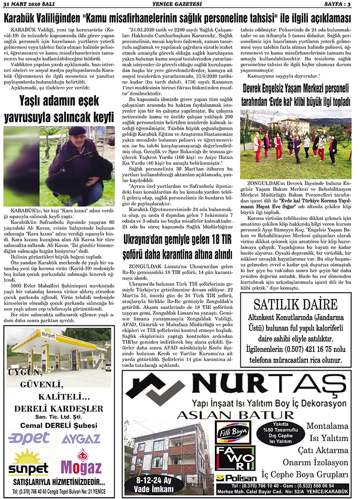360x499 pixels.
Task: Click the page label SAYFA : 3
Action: [x=337, y=4]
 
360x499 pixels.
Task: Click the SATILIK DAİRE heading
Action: [x=296, y=305]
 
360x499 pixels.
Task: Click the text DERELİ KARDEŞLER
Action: [x=58, y=409]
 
